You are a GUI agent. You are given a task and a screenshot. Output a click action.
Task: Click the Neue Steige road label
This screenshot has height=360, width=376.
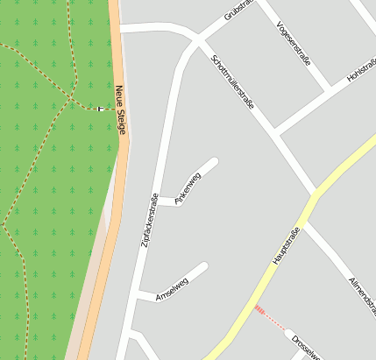pyautogui.click(x=121, y=109)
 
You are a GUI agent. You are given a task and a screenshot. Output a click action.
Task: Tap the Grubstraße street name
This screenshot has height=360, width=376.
pyautogui.click(x=238, y=11)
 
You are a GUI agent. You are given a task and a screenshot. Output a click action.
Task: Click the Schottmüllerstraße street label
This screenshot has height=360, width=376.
pyautogui.click(x=233, y=81)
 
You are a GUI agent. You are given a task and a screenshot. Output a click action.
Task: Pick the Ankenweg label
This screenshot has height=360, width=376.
pyautogui.click(x=188, y=188)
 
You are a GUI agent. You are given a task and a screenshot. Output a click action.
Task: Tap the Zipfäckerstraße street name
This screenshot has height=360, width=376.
pyautogui.click(x=150, y=219)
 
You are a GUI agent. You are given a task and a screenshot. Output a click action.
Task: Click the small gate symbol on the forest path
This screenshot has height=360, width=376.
pyautogui.click(x=101, y=109)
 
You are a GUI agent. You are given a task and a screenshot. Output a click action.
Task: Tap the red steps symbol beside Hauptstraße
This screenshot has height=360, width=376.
pyautogui.click(x=259, y=308)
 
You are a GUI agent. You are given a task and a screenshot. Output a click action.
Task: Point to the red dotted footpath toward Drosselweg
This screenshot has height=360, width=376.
pyautogui.click(x=274, y=320)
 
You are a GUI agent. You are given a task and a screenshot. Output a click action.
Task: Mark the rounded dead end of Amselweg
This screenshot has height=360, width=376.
pyautogui.click(x=203, y=266)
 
